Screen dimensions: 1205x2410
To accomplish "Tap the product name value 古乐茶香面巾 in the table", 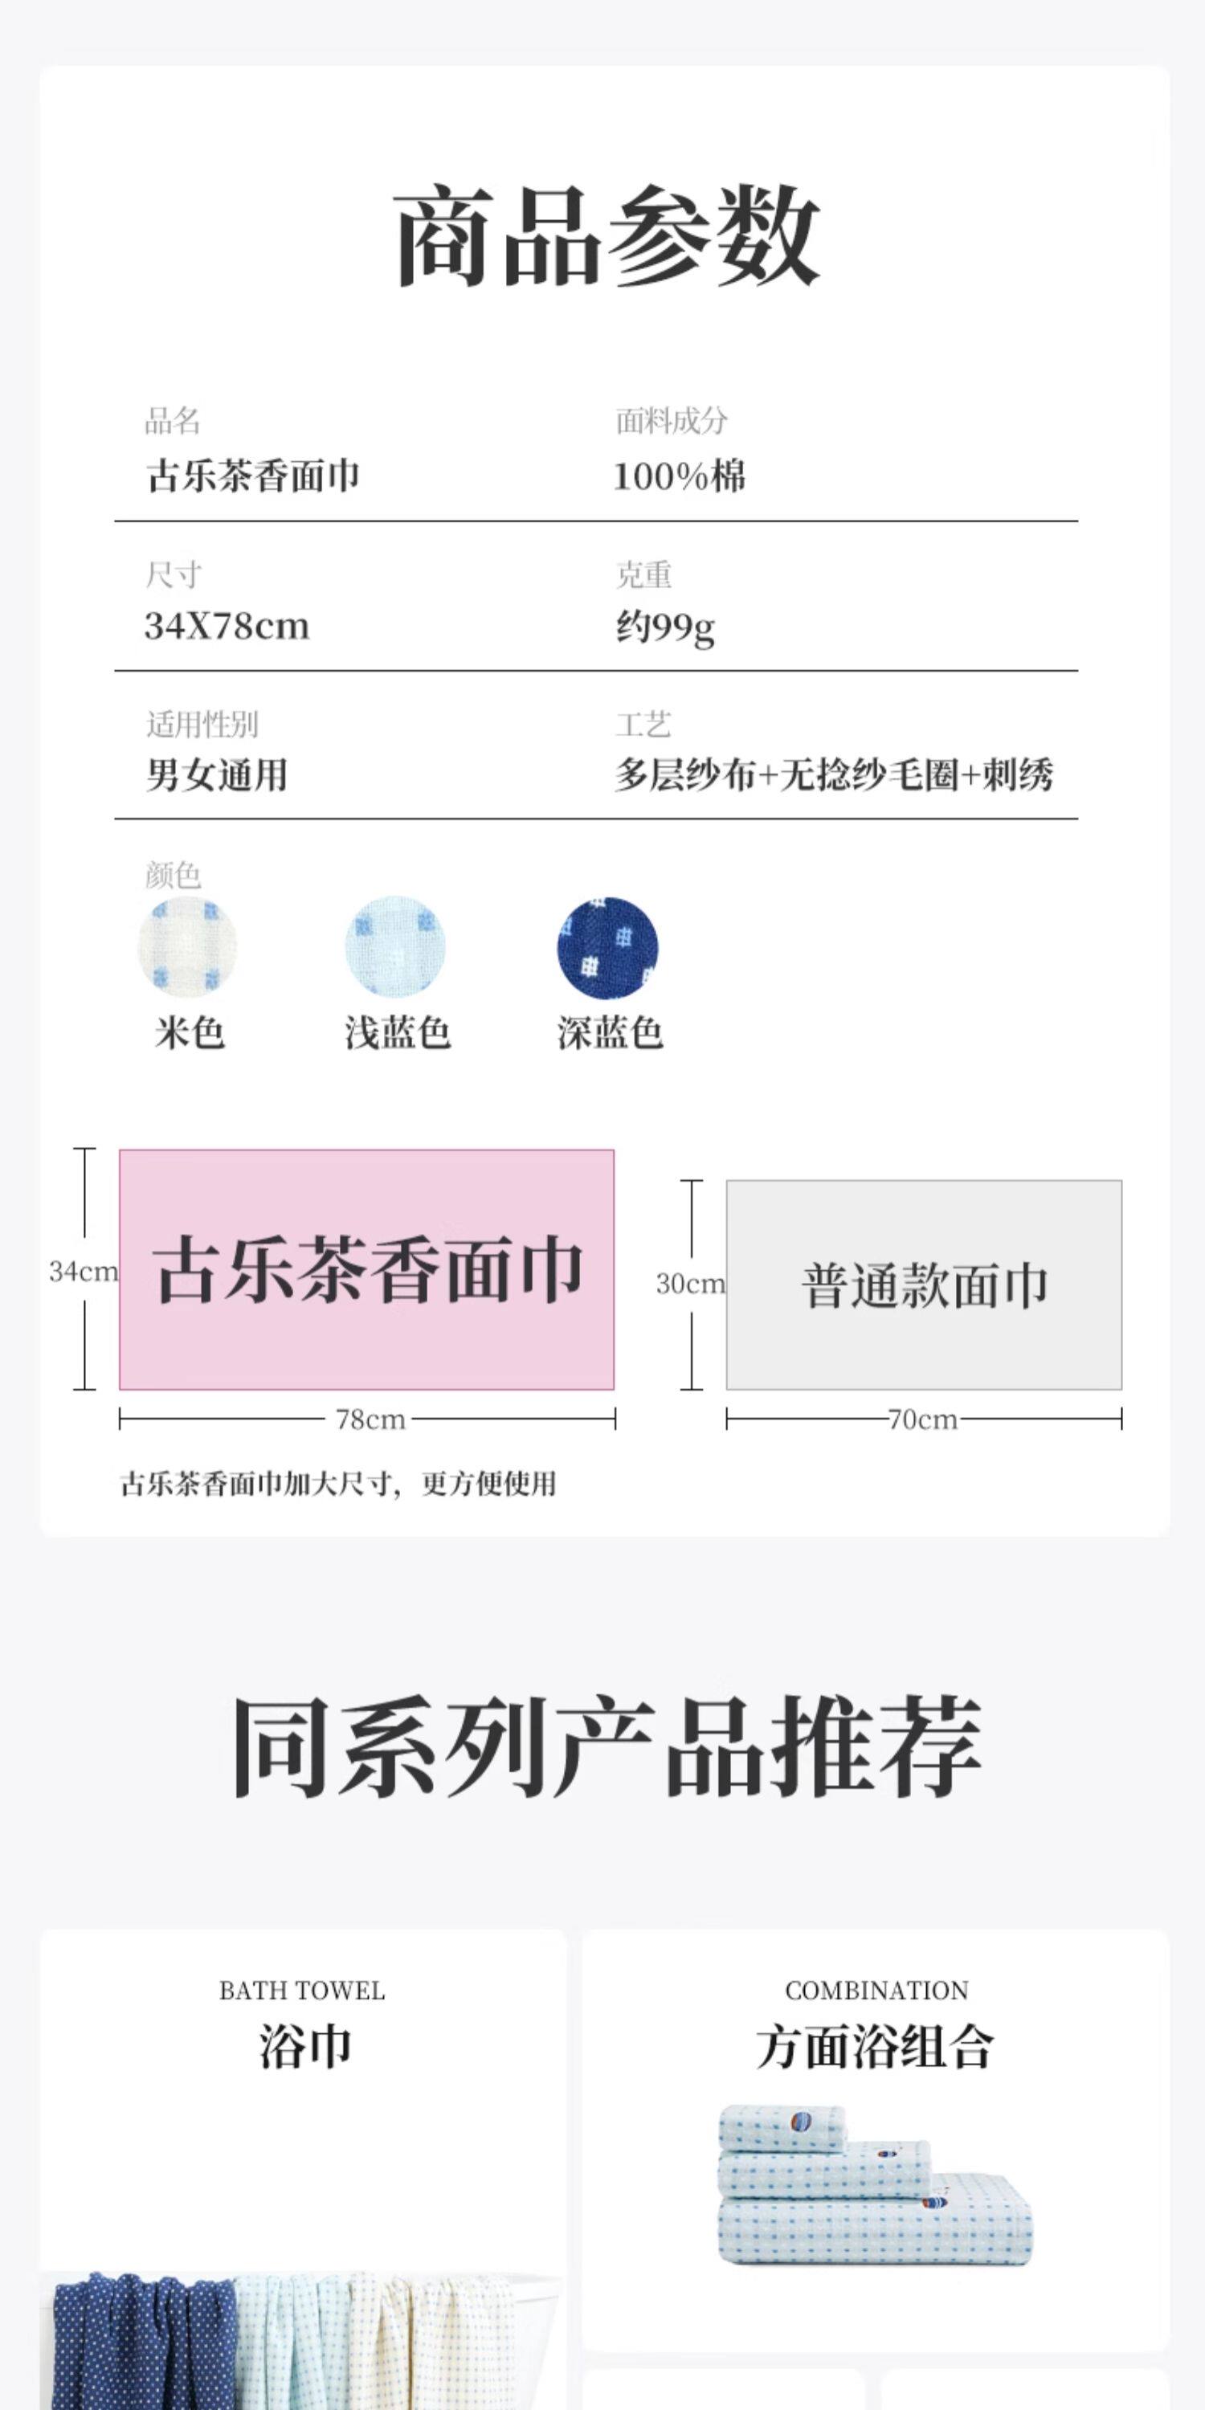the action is point(252,476).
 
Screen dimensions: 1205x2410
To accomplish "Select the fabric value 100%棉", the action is point(679,476).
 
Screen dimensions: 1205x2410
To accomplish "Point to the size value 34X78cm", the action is point(227,626).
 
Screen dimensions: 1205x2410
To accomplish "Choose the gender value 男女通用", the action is point(216,774).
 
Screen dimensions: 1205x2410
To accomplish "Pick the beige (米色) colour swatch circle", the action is point(187,947).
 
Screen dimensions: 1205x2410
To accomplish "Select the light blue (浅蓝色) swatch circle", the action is point(396,947).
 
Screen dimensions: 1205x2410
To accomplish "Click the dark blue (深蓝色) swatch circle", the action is point(607,948).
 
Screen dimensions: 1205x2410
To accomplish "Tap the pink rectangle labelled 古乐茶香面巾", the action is point(367,1268).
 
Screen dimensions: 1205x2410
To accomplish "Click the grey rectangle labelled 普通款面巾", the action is point(923,1285).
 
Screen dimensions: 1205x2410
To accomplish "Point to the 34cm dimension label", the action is point(84,1272).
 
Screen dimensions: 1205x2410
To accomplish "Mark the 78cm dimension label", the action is point(370,1420).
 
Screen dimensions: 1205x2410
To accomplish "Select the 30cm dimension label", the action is point(690,1284).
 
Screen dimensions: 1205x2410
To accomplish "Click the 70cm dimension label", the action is point(922,1420).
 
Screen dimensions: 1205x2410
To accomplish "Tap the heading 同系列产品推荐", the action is point(607,1747).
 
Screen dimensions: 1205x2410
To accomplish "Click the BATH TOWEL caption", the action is point(301,1990).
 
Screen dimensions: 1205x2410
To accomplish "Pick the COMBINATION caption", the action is point(876,1990).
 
